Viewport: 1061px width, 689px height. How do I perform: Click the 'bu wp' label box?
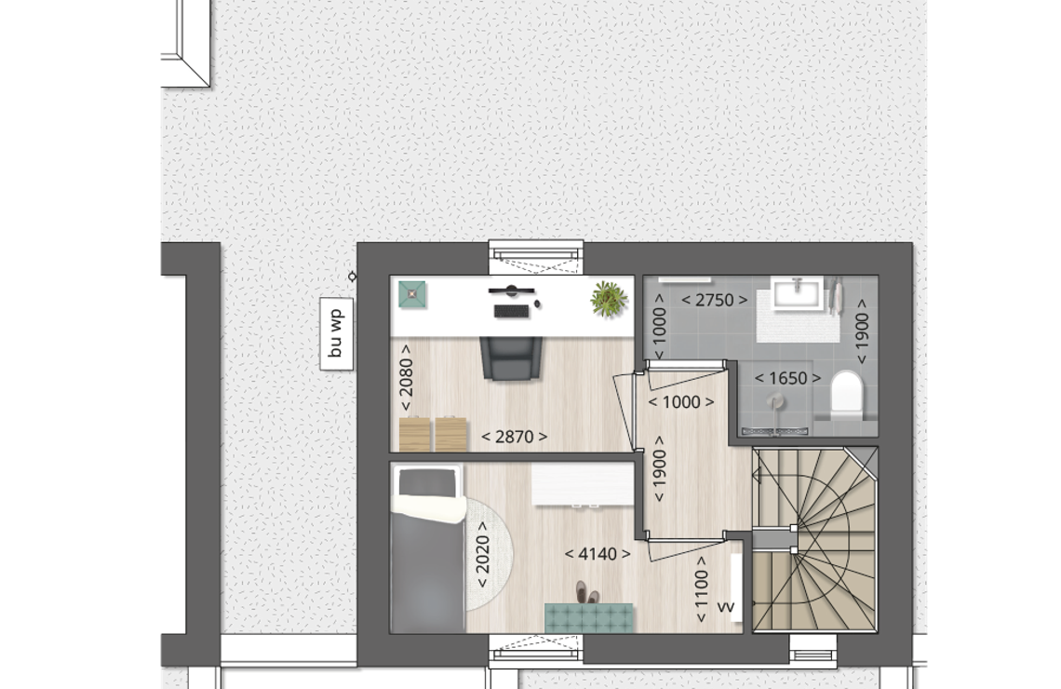point(336,333)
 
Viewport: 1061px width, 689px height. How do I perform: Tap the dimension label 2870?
point(515,438)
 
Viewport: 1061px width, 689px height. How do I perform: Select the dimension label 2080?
point(405,377)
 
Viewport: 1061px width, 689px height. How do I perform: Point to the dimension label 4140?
point(598,554)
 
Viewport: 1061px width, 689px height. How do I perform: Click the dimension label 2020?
point(482,554)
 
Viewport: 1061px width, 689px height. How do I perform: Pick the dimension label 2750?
point(714,301)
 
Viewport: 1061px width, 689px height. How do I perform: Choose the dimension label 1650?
point(787,378)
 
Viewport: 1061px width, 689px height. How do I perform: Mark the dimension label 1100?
point(701,589)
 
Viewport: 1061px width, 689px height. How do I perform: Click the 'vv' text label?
point(725,607)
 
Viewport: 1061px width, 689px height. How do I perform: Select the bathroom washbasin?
point(797,292)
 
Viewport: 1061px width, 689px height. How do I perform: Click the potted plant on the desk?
point(609,299)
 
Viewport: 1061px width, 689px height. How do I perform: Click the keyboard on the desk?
point(512,311)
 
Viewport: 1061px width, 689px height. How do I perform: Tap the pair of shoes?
point(587,592)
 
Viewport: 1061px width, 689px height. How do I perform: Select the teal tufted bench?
point(589,618)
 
